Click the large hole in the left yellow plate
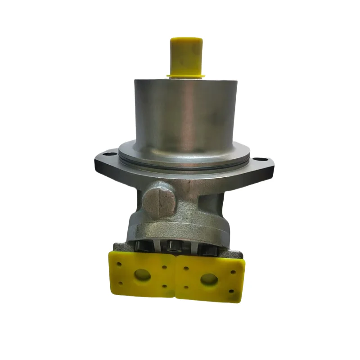click(x=143, y=274)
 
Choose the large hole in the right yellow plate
click(x=209, y=279)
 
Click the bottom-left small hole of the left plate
click(x=120, y=283)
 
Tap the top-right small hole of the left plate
click(x=165, y=267)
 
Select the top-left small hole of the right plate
click(x=185, y=268)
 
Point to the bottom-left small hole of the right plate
click(x=185, y=287)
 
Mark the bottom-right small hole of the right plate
click(x=231, y=291)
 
